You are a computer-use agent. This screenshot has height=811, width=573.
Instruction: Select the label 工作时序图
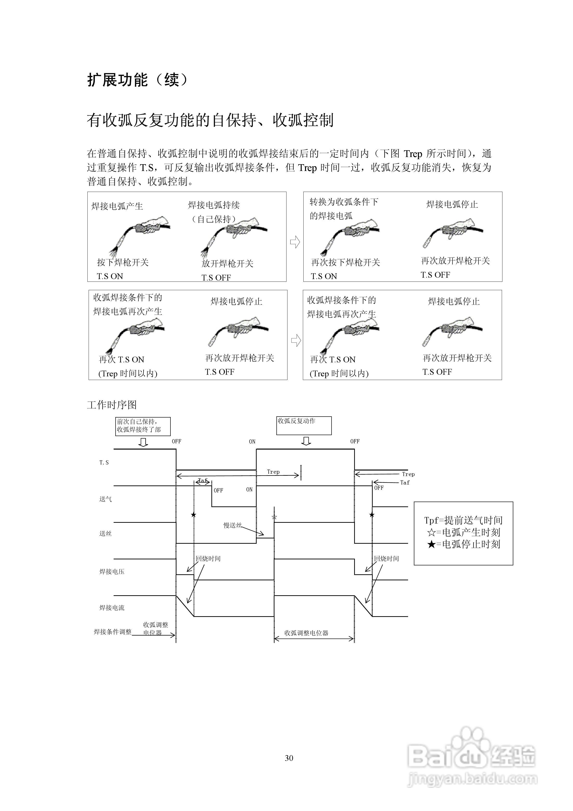(112, 405)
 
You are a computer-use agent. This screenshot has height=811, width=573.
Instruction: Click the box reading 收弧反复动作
(304, 425)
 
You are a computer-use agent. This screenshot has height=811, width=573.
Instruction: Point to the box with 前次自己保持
(143, 426)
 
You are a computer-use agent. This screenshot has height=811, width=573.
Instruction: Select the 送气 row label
(105, 499)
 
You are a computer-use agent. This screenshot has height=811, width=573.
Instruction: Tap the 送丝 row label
(105, 533)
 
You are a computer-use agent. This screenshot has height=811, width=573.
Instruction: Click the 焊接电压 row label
(112, 571)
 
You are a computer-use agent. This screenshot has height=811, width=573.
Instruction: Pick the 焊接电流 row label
(112, 608)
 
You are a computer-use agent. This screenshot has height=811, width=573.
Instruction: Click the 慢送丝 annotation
(232, 525)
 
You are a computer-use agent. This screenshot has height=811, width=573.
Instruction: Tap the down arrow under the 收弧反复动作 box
(306, 441)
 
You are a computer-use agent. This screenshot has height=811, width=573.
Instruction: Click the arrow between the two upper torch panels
(295, 242)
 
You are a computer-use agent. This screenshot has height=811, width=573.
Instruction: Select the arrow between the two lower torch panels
(296, 340)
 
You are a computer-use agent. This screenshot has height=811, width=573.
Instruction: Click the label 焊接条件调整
(112, 632)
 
